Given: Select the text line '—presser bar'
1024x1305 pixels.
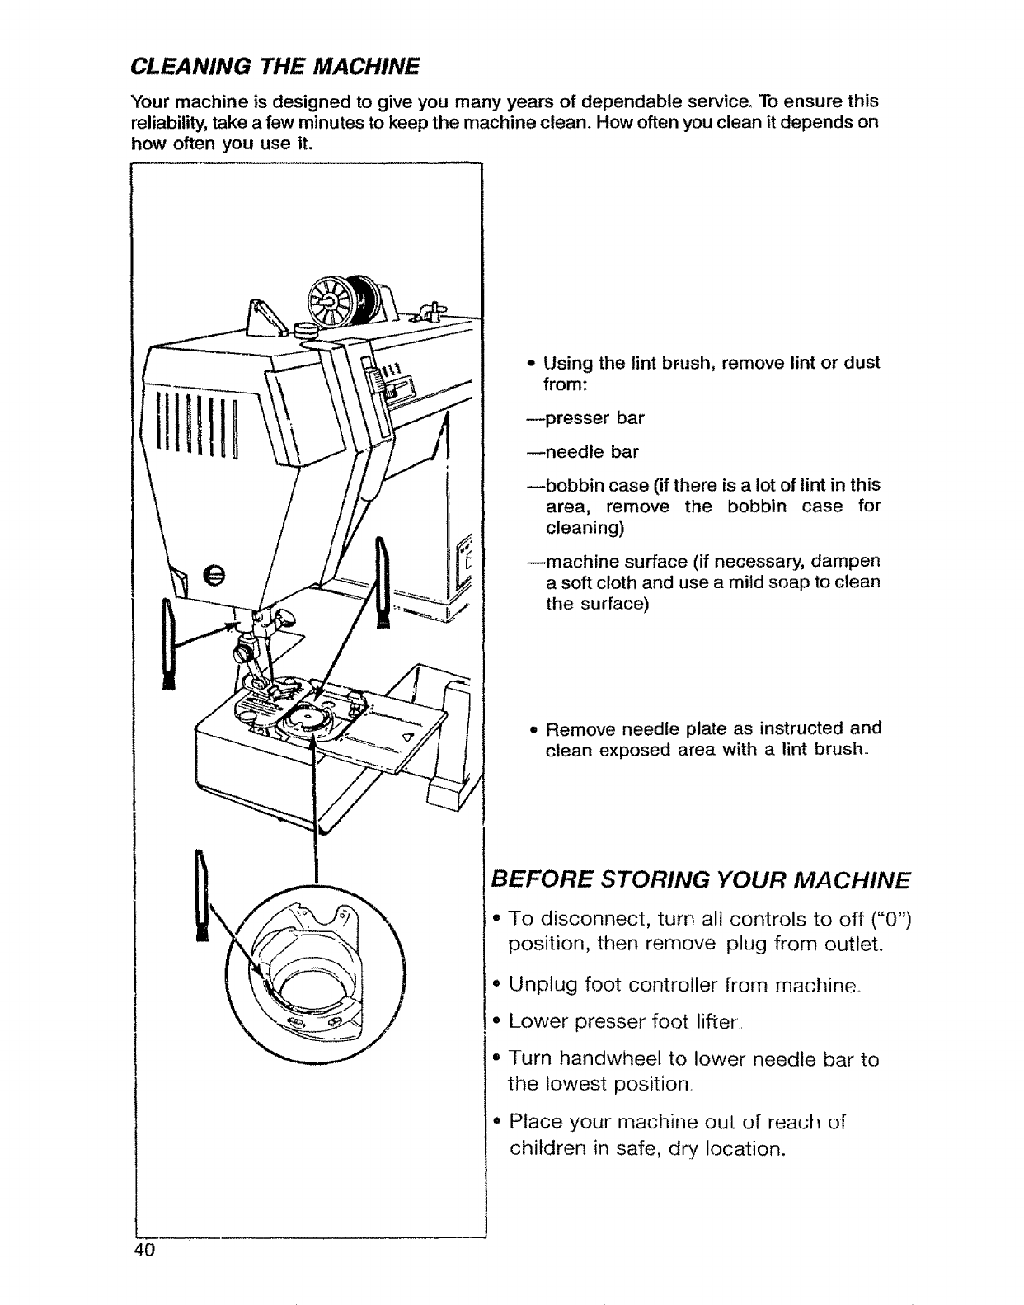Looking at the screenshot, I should click(586, 418).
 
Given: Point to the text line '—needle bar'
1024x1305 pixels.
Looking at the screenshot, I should click(583, 452).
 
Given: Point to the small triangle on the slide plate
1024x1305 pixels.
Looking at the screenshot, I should click(406, 737).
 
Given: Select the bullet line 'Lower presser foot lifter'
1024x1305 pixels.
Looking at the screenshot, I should click(622, 1022).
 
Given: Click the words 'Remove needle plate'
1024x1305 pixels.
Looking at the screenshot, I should click(644, 729).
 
